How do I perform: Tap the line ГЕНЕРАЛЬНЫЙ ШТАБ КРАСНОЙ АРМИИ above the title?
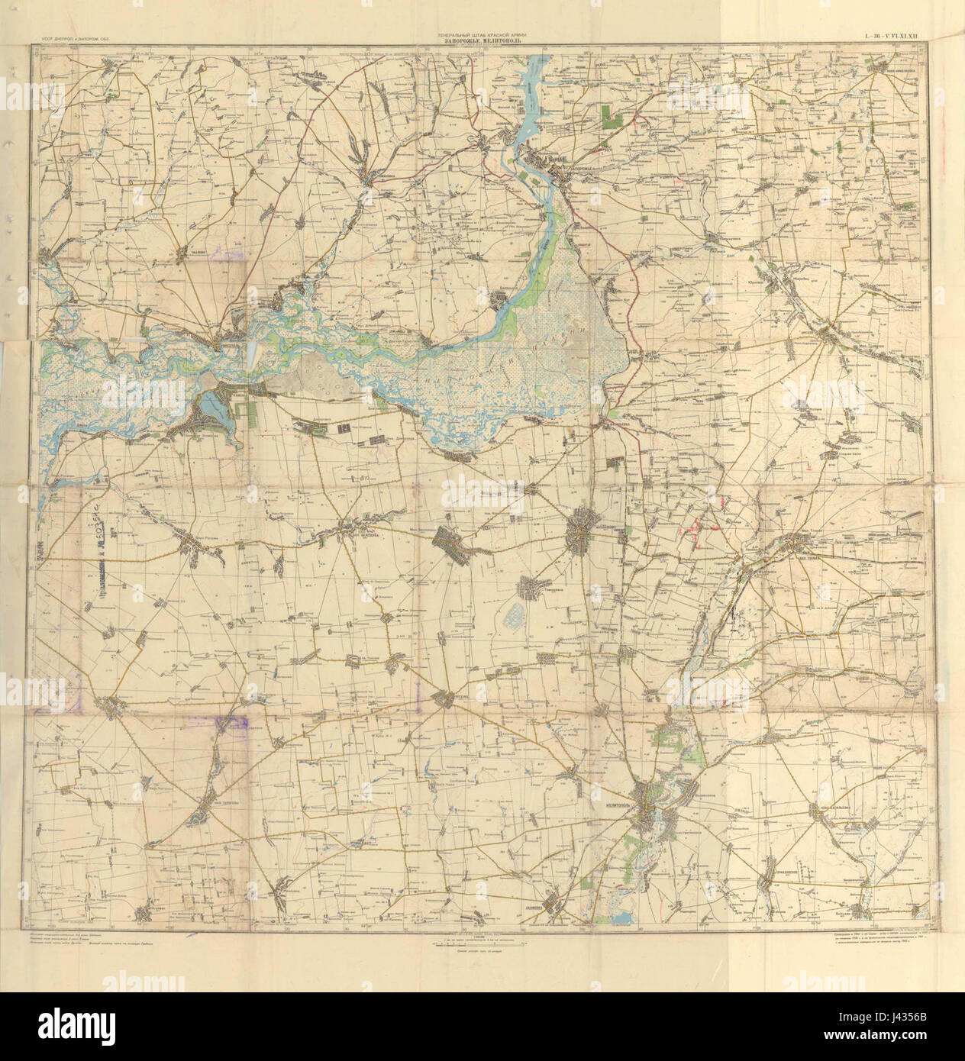(482, 34)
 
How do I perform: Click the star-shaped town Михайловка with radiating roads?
(586, 528)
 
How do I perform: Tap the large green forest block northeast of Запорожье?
(610, 114)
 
